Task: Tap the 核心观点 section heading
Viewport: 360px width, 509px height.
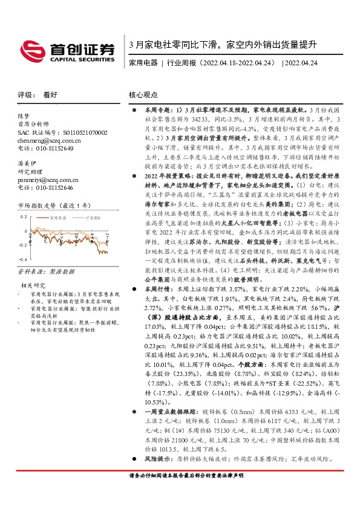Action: click(x=143, y=95)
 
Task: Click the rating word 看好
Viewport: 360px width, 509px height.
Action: click(x=50, y=95)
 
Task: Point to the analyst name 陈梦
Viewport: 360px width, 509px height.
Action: click(x=24, y=115)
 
